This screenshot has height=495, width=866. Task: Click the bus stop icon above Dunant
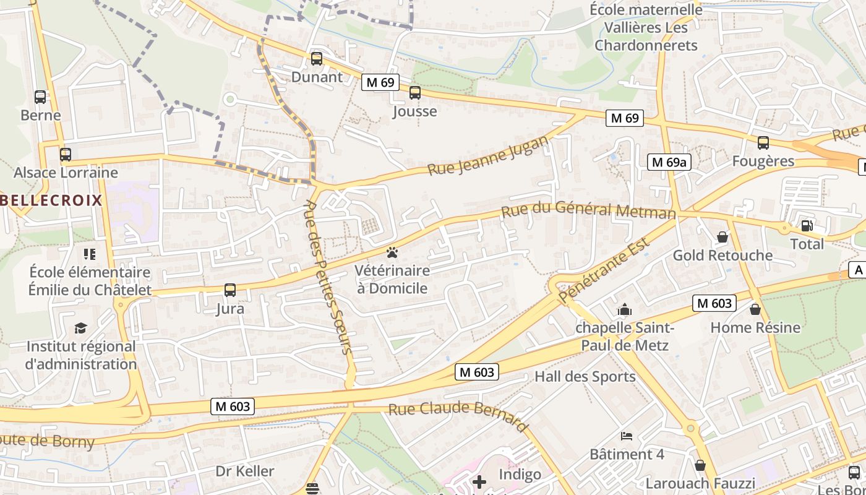click(316, 59)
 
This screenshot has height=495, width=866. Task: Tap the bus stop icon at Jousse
click(414, 93)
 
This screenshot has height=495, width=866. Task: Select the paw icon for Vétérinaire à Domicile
click(392, 252)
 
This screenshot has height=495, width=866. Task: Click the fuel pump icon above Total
click(807, 226)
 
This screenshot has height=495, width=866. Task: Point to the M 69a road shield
click(669, 162)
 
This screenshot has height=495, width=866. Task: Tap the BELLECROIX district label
click(51, 200)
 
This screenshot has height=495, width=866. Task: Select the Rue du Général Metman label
click(588, 210)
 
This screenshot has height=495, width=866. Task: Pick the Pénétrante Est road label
click(604, 270)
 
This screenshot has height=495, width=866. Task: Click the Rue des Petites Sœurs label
click(329, 278)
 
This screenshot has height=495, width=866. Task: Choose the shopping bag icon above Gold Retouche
click(722, 237)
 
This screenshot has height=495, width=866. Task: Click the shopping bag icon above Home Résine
click(755, 309)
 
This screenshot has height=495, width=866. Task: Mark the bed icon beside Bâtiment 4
click(627, 436)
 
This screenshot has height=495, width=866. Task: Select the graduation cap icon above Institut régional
click(80, 328)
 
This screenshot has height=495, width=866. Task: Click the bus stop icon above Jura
click(229, 290)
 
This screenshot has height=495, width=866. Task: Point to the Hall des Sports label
click(585, 377)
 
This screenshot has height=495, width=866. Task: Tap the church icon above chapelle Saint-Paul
click(625, 309)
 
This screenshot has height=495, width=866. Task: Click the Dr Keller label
click(245, 471)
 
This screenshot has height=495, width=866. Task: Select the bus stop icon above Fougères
click(763, 143)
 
